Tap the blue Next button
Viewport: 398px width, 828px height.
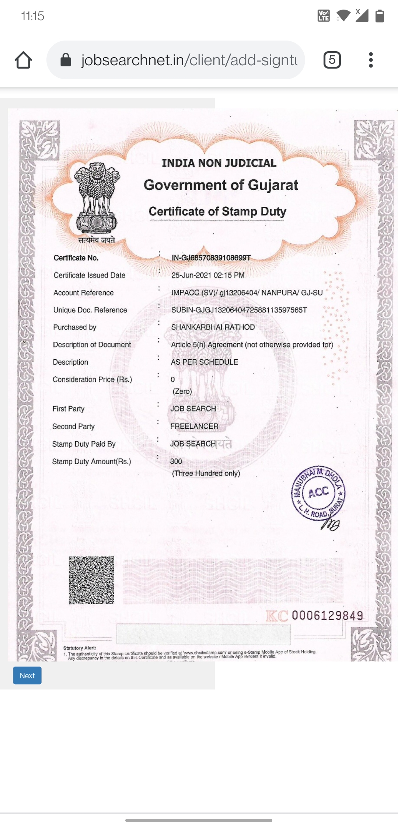click(27, 675)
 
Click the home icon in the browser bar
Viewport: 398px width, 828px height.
click(23, 60)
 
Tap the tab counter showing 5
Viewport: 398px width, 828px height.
click(332, 60)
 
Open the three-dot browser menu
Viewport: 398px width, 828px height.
click(371, 60)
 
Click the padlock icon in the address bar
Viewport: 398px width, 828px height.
click(66, 60)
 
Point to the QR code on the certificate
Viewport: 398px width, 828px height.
click(91, 580)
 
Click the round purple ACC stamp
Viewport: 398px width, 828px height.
click(318, 493)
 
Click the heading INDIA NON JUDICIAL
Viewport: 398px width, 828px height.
click(219, 163)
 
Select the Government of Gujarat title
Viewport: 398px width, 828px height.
click(221, 185)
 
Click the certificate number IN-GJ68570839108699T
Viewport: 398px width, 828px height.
click(211, 258)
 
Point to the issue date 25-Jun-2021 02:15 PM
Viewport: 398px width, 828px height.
click(208, 275)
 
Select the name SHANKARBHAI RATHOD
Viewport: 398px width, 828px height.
click(213, 327)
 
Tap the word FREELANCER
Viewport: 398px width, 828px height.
click(194, 426)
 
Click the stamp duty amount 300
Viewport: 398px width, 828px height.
click(176, 461)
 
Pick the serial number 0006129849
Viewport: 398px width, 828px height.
click(327, 615)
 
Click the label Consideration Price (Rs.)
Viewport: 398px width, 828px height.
click(92, 379)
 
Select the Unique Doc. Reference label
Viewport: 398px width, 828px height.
click(90, 310)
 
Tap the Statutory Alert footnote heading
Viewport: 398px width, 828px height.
click(80, 648)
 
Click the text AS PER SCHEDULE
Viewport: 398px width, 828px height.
click(205, 362)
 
